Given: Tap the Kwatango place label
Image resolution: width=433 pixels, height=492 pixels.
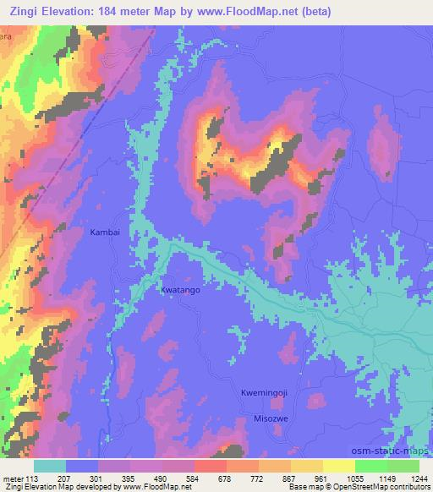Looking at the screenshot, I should (180, 290).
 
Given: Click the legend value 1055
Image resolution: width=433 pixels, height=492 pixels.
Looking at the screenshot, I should (346, 477).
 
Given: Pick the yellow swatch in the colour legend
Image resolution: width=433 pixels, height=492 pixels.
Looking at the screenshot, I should (338, 466).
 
